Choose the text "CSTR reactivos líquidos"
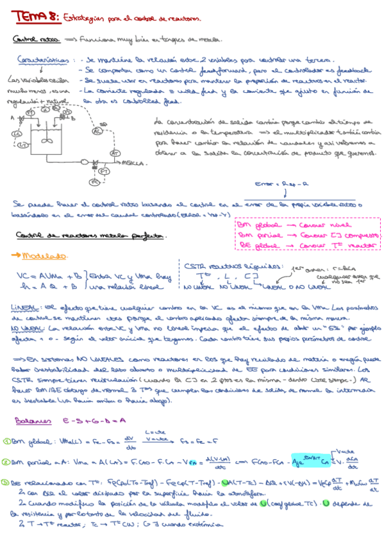[231, 266]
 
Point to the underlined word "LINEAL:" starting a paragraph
[26, 307]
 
